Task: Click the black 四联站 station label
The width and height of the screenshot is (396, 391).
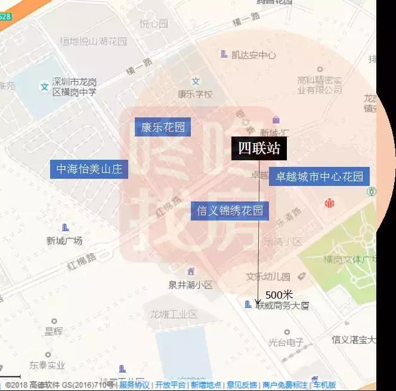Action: click(x=259, y=148)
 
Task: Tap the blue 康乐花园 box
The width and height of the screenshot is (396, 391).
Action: click(x=163, y=126)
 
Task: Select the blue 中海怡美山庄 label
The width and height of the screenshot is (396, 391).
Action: click(x=89, y=169)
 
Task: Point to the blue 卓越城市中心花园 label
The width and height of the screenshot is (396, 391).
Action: click(x=319, y=176)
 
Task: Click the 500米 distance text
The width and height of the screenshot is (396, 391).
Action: click(x=279, y=294)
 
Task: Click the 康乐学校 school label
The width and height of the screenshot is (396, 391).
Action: click(x=195, y=94)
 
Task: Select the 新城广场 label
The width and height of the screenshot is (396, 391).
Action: click(x=64, y=241)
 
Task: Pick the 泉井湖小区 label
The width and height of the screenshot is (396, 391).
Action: click(x=190, y=284)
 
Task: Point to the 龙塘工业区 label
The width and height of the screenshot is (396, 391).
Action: click(x=174, y=314)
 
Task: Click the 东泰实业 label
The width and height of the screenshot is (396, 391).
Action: click(x=47, y=365)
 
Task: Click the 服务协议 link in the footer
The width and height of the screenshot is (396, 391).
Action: click(x=135, y=385)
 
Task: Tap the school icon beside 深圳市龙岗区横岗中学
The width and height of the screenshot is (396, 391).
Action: click(x=44, y=87)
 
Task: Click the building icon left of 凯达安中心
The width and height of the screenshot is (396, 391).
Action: click(x=224, y=54)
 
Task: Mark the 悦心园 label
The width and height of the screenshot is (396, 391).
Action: click(x=153, y=24)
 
